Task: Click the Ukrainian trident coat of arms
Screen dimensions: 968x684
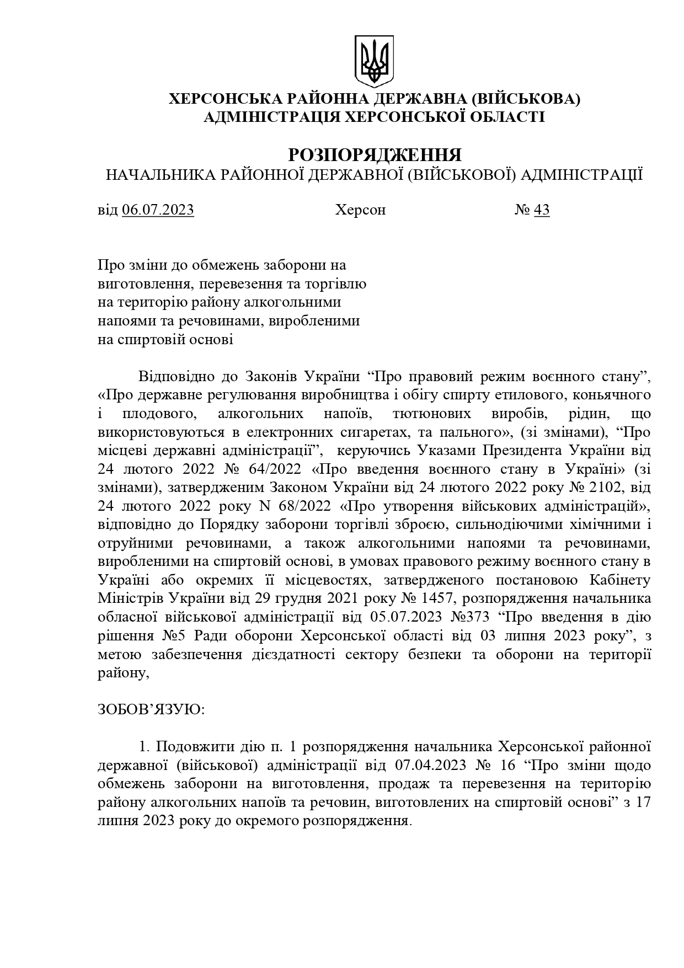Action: point(374,61)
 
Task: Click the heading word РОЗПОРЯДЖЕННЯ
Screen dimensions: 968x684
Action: point(375,154)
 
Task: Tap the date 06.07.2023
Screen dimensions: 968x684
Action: point(158,210)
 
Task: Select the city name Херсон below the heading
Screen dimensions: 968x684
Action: point(360,210)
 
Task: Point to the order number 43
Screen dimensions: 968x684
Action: point(542,210)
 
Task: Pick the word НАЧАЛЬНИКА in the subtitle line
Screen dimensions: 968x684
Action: point(159,175)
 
